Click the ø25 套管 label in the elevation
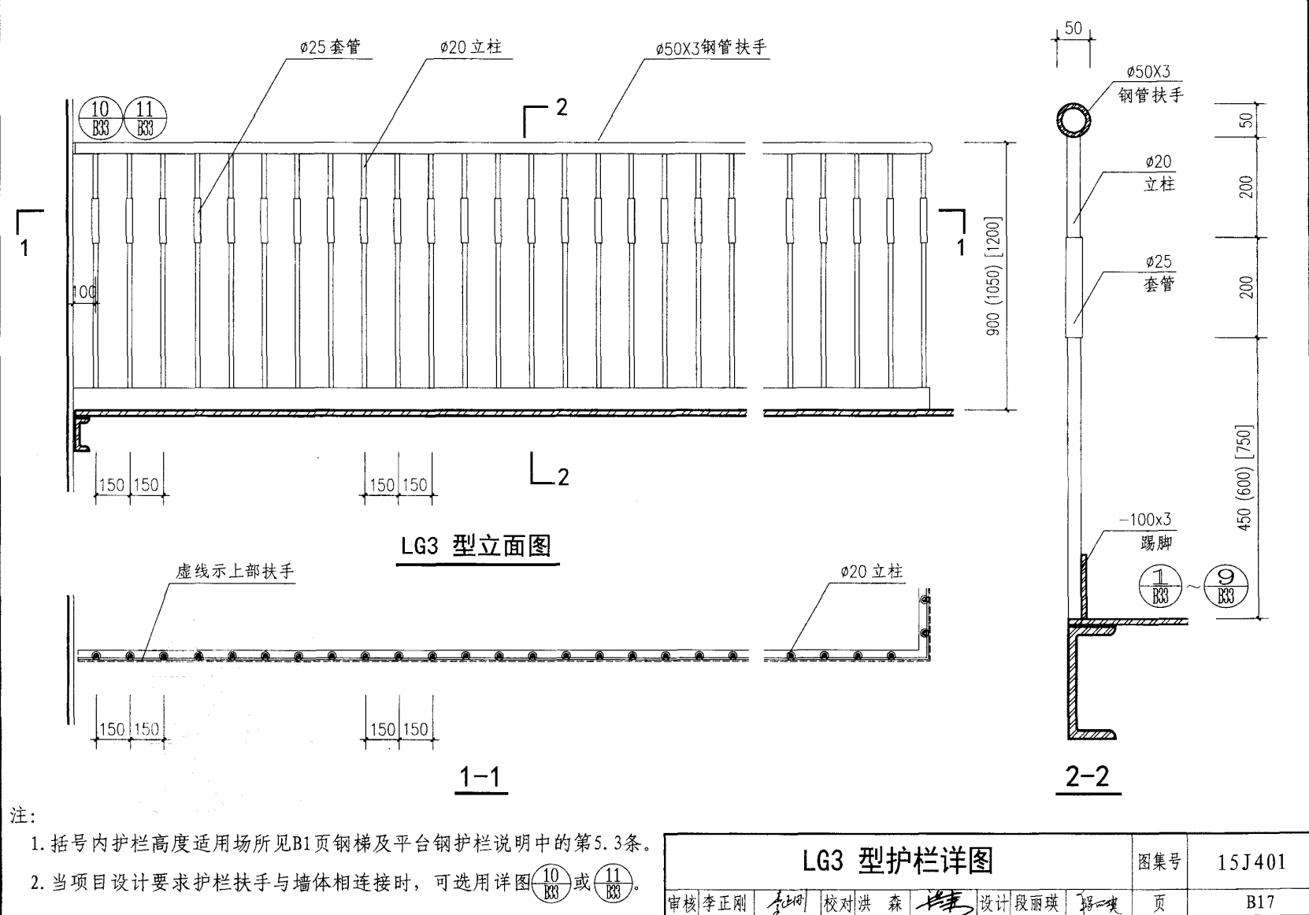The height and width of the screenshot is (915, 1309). coord(330,47)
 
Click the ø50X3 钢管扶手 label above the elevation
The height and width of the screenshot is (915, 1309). coord(710,48)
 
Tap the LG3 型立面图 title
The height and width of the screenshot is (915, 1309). coord(476,546)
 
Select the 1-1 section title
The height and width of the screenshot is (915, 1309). coord(480,778)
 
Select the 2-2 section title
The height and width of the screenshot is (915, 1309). coord(1088,777)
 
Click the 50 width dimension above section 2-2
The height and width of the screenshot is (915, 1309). coord(1074,29)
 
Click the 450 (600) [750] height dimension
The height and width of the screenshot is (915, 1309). coord(1244,478)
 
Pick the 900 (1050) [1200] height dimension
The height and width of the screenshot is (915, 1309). coord(993,276)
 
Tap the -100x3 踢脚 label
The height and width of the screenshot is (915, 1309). coord(1146,530)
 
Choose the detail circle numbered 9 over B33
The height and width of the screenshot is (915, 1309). coord(1226,587)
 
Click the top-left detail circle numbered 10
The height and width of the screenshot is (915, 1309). coord(100,118)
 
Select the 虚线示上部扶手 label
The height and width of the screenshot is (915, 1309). coord(235,572)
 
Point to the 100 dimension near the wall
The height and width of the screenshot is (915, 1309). coord(83,292)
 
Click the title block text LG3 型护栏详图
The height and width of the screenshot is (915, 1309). coord(898,861)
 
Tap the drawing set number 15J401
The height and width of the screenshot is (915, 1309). coord(1251,862)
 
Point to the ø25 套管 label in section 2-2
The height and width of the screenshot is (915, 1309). coord(1159,272)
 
